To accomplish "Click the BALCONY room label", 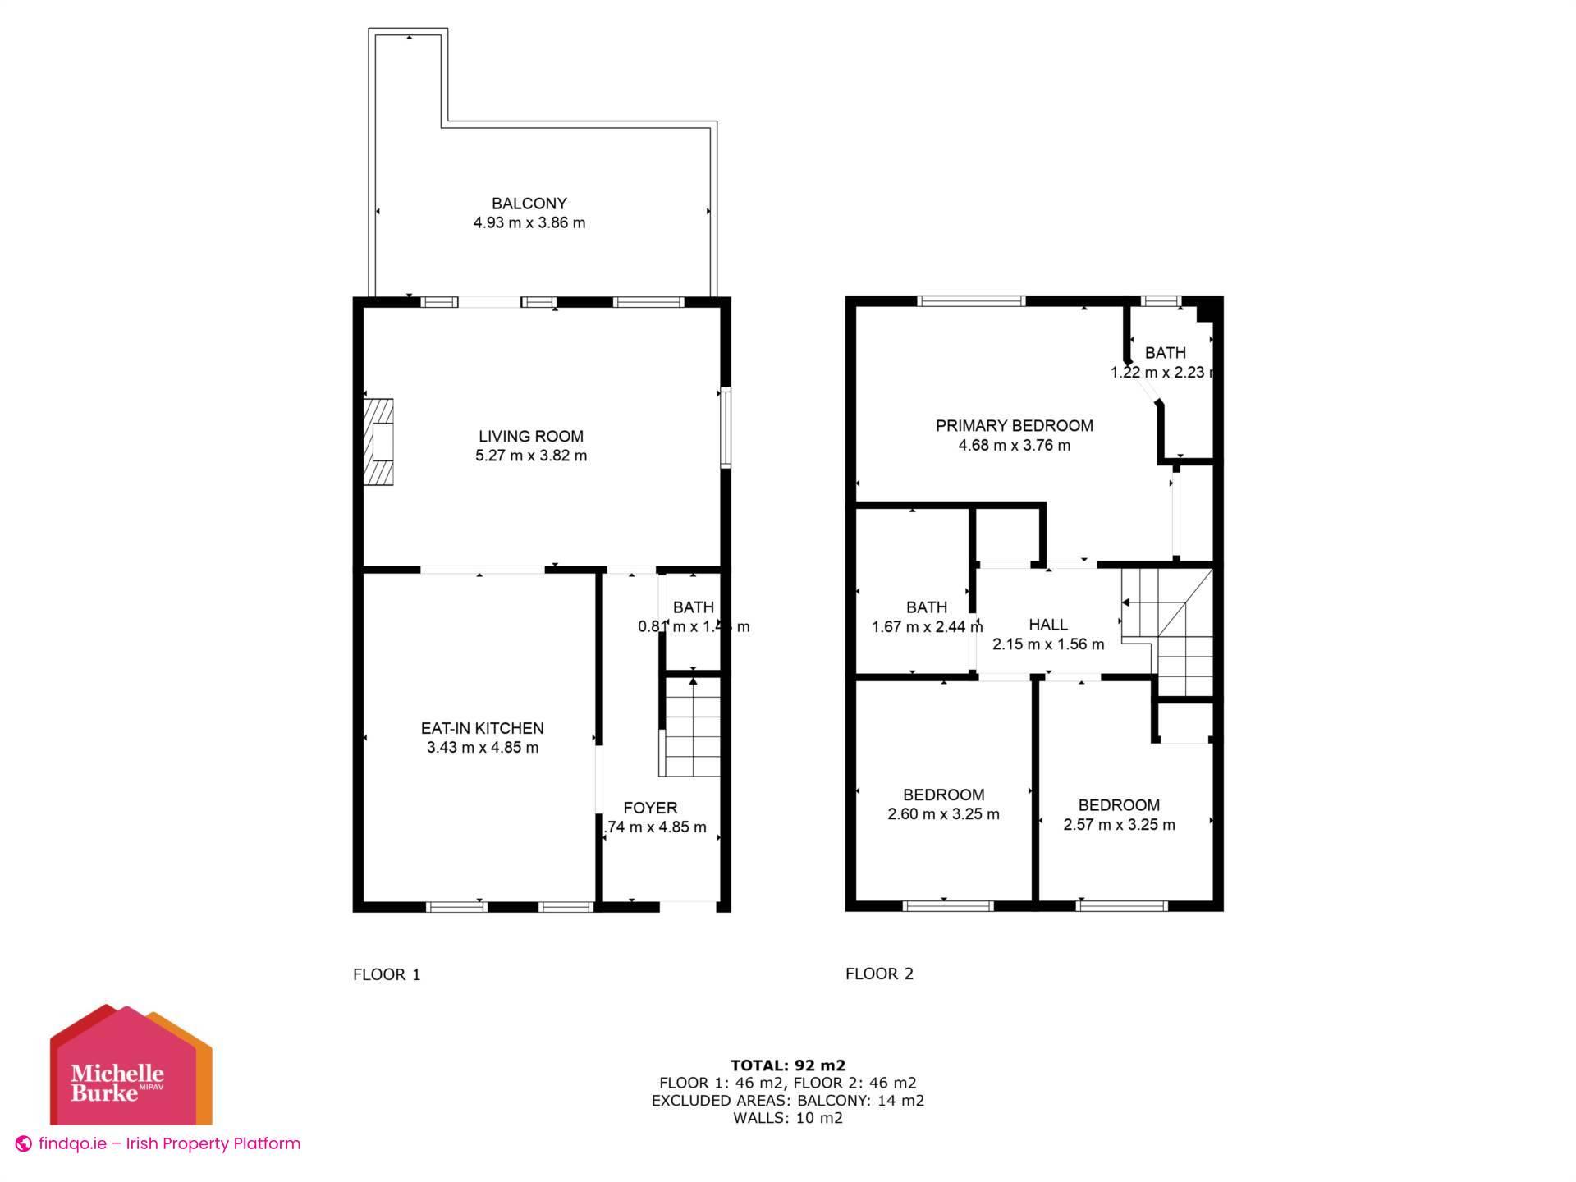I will [529, 204].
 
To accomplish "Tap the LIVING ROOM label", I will [531, 436].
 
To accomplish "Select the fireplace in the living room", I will [379, 442].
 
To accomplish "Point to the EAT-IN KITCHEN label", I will [482, 728].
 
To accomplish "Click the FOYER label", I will [650, 808].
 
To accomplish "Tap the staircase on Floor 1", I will [692, 727].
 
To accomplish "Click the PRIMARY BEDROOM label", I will [1014, 425].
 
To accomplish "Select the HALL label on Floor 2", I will [1048, 625].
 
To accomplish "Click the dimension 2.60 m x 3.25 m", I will [943, 814].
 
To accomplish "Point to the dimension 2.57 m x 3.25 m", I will [1119, 825].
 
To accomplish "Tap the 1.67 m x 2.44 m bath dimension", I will [927, 627].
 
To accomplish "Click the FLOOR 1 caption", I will [387, 974].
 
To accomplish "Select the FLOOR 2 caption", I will [879, 974].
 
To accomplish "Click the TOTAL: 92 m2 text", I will [788, 1065].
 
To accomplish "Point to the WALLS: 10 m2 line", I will [788, 1118].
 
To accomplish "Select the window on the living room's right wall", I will [725, 428].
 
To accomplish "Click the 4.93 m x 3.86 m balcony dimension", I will [529, 222].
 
